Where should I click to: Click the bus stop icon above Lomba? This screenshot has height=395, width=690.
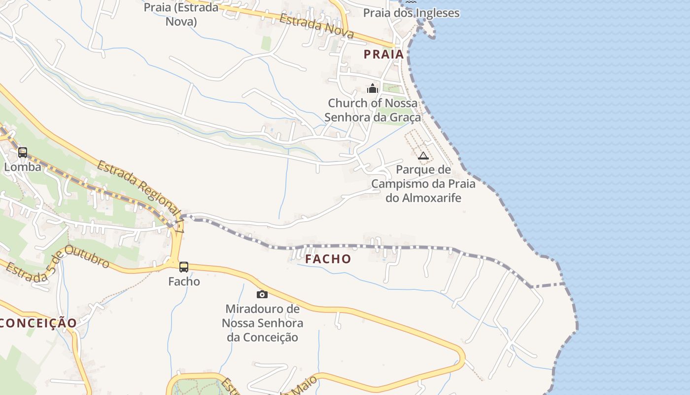coord(23,153)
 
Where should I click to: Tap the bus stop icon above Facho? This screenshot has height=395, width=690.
coord(184,267)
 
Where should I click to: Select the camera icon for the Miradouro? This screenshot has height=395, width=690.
coord(262,295)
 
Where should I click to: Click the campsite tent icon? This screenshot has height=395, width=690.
coord(423,156)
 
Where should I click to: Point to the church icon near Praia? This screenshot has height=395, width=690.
coord(373,89)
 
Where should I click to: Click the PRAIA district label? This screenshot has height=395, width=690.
coord(384,54)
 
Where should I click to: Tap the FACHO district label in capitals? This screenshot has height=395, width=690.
coord(328,259)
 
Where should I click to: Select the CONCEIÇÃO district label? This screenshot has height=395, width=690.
coord(38,323)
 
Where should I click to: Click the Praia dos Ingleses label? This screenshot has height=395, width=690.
coord(411,13)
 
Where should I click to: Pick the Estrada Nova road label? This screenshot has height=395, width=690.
coord(316,26)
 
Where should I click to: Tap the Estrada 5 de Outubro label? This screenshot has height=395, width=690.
coord(58,264)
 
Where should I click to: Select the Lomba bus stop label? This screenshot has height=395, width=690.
coord(23,167)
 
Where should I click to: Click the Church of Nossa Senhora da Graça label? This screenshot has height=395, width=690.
coord(373,110)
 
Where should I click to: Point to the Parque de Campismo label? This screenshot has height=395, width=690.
coord(423,184)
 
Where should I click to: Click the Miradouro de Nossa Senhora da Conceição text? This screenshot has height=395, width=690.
coord(262,323)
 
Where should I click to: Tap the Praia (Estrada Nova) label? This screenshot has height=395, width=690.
coord(181,14)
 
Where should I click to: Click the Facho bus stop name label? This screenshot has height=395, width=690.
coord(184,281)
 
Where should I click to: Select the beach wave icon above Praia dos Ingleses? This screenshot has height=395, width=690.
coord(411,2)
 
